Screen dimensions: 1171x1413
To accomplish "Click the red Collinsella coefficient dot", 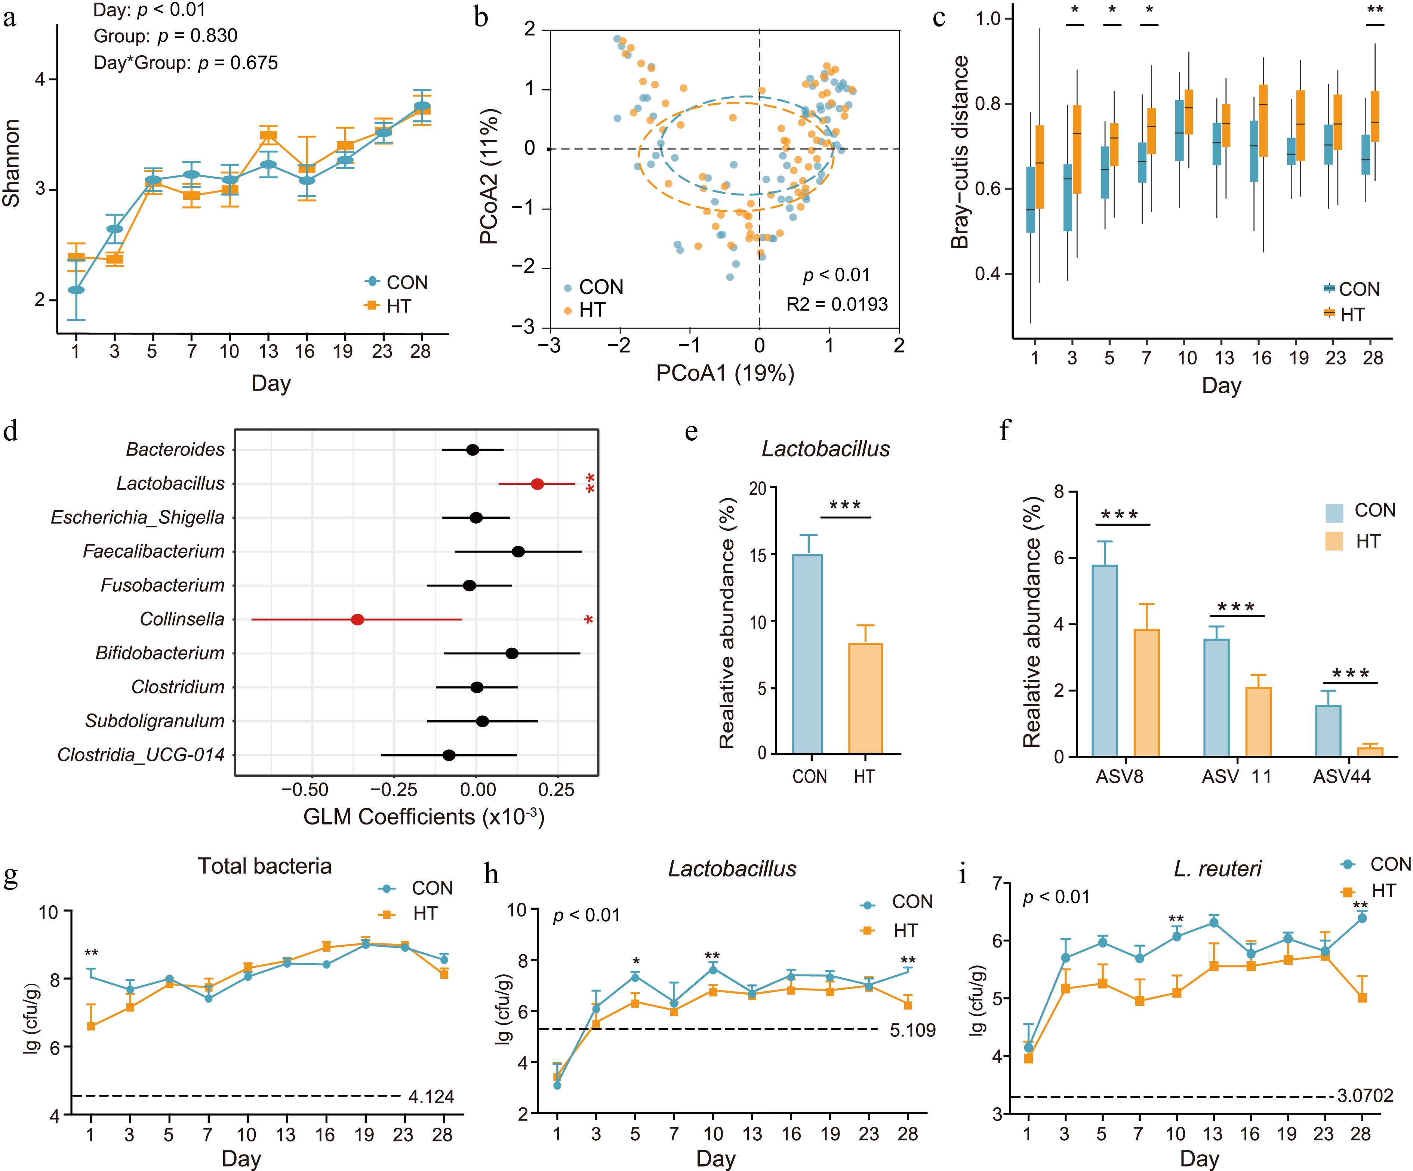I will pyautogui.click(x=357, y=619).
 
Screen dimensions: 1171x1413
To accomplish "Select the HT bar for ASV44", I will pyautogui.click(x=1370, y=752).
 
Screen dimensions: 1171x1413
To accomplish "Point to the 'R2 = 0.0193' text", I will pyautogui.click(x=837, y=305).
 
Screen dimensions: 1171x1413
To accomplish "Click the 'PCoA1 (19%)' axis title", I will pyautogui.click(x=725, y=373).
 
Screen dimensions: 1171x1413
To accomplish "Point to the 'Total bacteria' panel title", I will pyautogui.click(x=264, y=866).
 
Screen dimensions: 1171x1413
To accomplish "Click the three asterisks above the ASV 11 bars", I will pyautogui.click(x=1236, y=607).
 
